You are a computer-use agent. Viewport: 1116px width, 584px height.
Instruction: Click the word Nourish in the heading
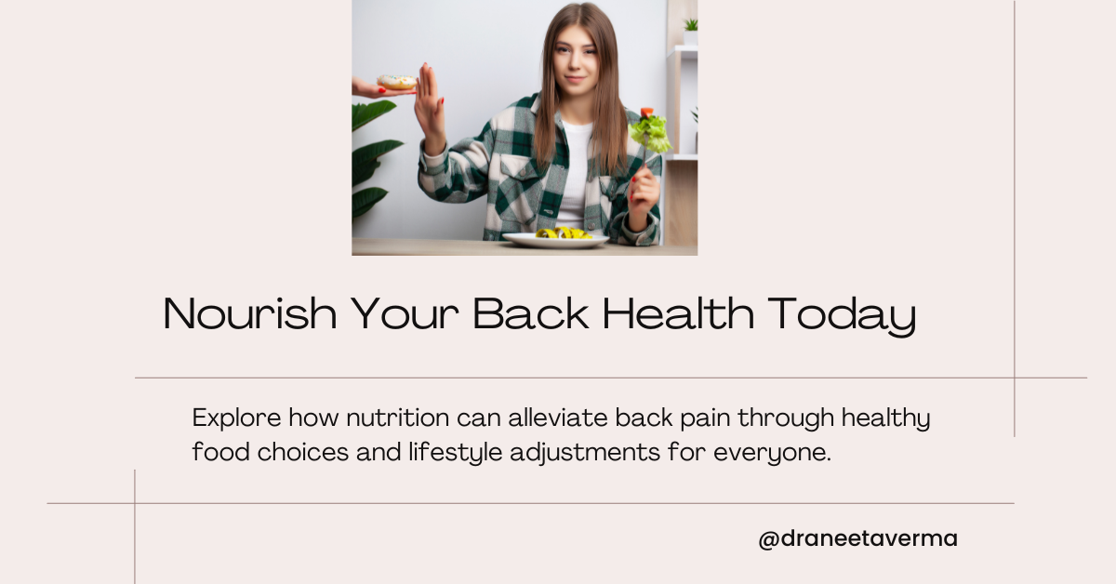click(x=249, y=313)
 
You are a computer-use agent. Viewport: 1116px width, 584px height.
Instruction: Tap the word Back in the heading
click(x=531, y=313)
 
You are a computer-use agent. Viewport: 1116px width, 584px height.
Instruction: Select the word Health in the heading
click(x=678, y=313)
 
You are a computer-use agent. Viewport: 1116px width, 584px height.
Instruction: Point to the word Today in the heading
click(x=842, y=316)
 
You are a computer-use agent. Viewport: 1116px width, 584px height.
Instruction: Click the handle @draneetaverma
click(x=857, y=538)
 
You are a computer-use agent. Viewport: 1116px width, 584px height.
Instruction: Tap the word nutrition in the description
click(x=398, y=418)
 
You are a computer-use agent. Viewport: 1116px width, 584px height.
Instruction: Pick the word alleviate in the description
click(x=557, y=417)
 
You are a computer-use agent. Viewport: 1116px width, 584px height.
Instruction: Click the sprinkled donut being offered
click(x=396, y=82)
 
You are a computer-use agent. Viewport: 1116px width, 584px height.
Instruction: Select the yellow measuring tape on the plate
click(x=564, y=233)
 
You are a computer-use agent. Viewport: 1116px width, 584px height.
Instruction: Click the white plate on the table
click(x=555, y=241)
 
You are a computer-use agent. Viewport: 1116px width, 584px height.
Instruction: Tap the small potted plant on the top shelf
click(x=690, y=32)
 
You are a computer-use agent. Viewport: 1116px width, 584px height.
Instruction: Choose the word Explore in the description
click(x=236, y=418)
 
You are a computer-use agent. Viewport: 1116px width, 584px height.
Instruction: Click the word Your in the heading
click(x=405, y=313)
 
